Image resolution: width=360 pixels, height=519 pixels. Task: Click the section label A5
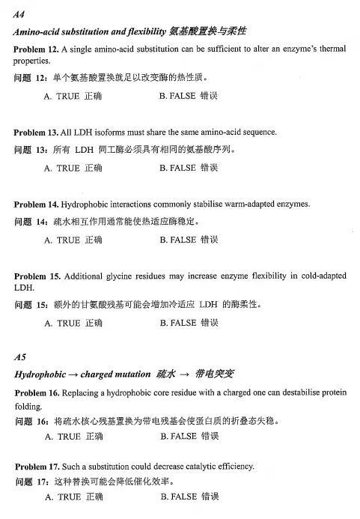(x=19, y=356)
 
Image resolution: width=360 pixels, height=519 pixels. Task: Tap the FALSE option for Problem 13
(x=188, y=169)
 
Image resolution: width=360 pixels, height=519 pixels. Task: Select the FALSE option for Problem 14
(x=188, y=240)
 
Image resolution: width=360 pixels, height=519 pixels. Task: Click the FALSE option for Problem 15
(x=188, y=324)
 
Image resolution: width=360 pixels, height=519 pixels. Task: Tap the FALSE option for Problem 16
(x=188, y=436)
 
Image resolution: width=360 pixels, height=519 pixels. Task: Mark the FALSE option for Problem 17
(x=188, y=497)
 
